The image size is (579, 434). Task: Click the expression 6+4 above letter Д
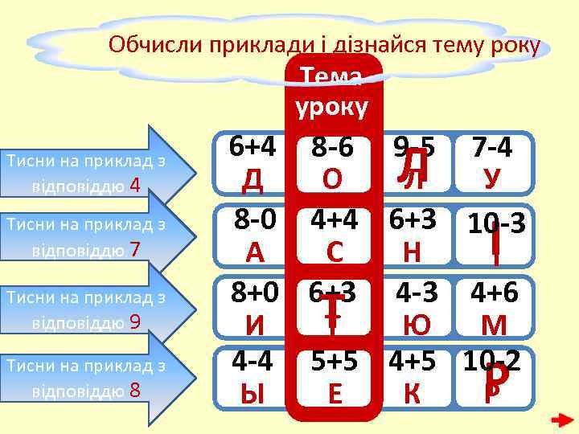(x=253, y=146)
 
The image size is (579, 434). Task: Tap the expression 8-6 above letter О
(x=333, y=147)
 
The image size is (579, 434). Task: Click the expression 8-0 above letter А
(x=255, y=219)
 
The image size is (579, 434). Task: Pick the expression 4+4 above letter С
(x=335, y=219)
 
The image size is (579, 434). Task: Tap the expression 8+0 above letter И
(x=255, y=293)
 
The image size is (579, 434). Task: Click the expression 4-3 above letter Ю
(x=416, y=293)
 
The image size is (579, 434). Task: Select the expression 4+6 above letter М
(x=494, y=293)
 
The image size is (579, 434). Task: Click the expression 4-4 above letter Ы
(x=253, y=361)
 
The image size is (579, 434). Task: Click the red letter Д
(x=253, y=177)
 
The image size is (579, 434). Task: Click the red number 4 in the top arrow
(x=135, y=186)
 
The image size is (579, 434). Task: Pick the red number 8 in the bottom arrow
(x=135, y=392)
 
